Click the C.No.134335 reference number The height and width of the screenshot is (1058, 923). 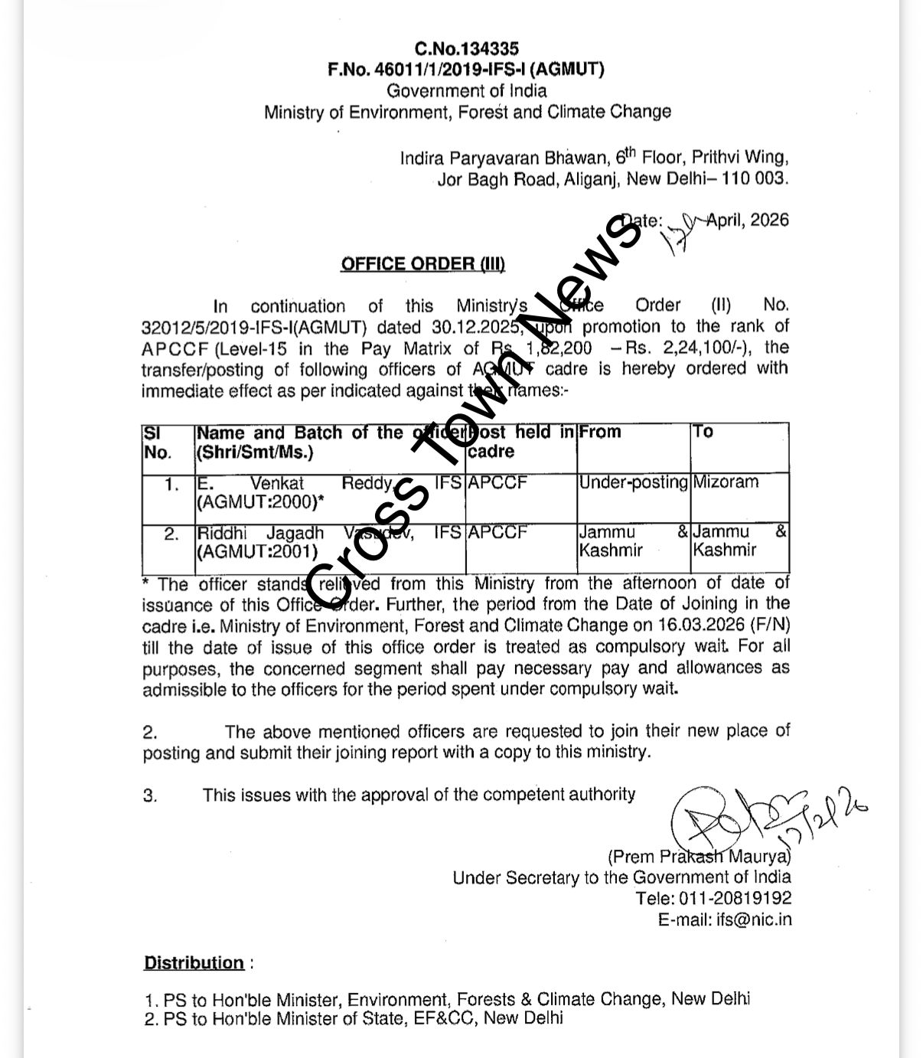[x=466, y=50]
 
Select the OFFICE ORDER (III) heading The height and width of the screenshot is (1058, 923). [x=422, y=264]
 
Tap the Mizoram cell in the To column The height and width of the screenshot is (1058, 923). [x=726, y=482]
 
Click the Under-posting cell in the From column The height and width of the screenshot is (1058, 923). [x=633, y=482]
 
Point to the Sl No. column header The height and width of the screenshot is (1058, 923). [x=158, y=442]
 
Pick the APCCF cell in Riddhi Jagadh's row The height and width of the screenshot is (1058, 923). [x=498, y=532]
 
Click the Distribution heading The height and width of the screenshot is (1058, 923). [x=194, y=962]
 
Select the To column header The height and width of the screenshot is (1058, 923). [x=703, y=432]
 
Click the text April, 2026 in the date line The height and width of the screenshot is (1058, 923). [x=747, y=220]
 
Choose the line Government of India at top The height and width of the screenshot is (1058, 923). [x=466, y=91]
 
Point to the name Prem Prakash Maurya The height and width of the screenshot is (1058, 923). [x=700, y=856]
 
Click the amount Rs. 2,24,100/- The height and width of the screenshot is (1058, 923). [x=709, y=348]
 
